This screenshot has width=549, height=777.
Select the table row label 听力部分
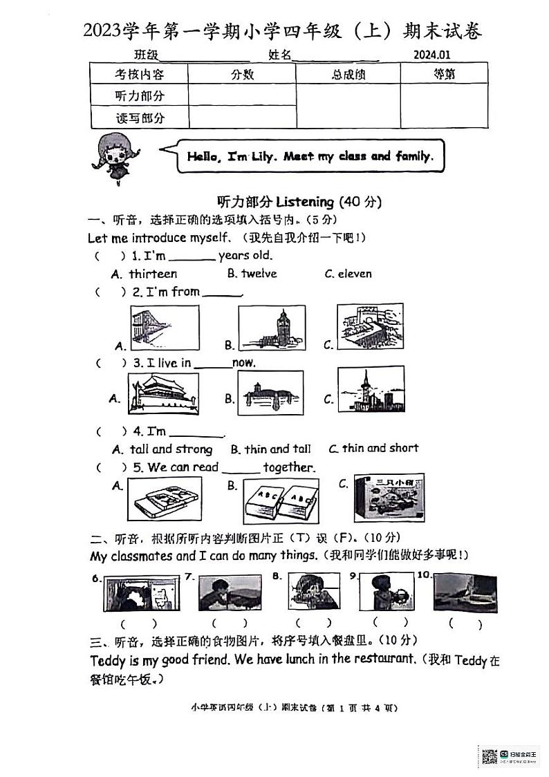(140, 96)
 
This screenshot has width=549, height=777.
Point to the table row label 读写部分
(140, 118)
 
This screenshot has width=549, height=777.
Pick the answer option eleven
(355, 274)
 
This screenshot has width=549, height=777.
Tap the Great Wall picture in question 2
(370, 326)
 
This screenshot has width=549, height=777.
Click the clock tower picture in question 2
(271, 328)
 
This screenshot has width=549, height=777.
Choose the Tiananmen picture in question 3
(163, 394)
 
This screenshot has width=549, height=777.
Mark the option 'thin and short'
(380, 448)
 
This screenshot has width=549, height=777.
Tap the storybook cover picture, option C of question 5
(389, 498)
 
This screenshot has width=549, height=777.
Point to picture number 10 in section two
(465, 593)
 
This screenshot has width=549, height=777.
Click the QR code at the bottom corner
(490, 756)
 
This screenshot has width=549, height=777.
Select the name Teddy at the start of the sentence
(107, 660)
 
